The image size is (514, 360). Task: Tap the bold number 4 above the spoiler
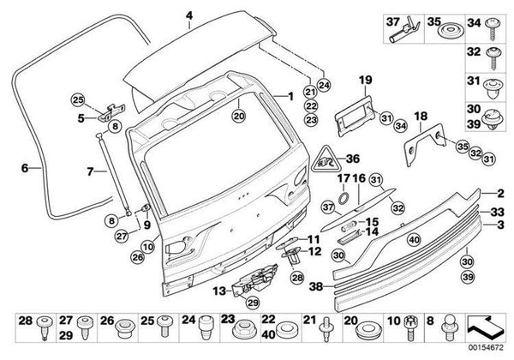(189, 16)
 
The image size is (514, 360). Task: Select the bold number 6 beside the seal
(25, 168)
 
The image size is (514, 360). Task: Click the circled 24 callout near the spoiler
(324, 86)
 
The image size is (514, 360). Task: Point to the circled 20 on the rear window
(239, 116)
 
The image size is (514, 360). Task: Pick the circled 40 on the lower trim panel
(414, 240)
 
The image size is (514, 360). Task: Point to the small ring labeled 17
(344, 198)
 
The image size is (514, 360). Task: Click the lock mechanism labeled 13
(256, 280)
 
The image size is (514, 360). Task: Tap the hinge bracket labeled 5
(111, 113)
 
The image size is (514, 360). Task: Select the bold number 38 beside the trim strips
(316, 287)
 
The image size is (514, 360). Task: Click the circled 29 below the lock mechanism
(253, 303)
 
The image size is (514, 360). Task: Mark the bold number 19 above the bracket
(365, 80)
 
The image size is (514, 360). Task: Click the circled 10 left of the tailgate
(148, 247)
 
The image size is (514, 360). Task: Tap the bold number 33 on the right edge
(497, 212)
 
